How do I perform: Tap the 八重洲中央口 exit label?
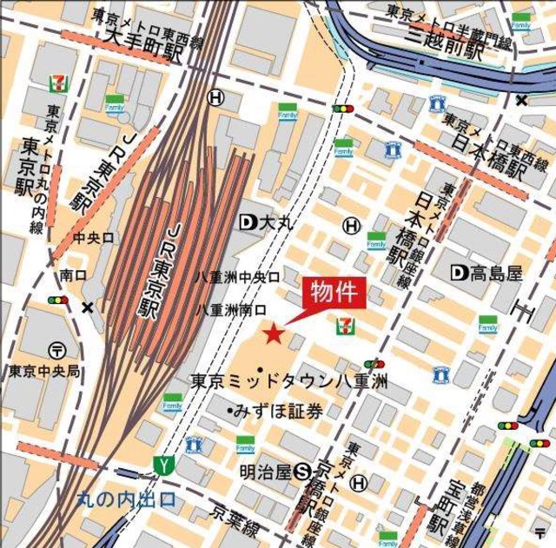click(x=236, y=277)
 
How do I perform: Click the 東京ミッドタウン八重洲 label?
click(x=288, y=380)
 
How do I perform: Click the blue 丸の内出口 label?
click(x=126, y=499)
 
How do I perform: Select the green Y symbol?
click(x=161, y=465)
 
